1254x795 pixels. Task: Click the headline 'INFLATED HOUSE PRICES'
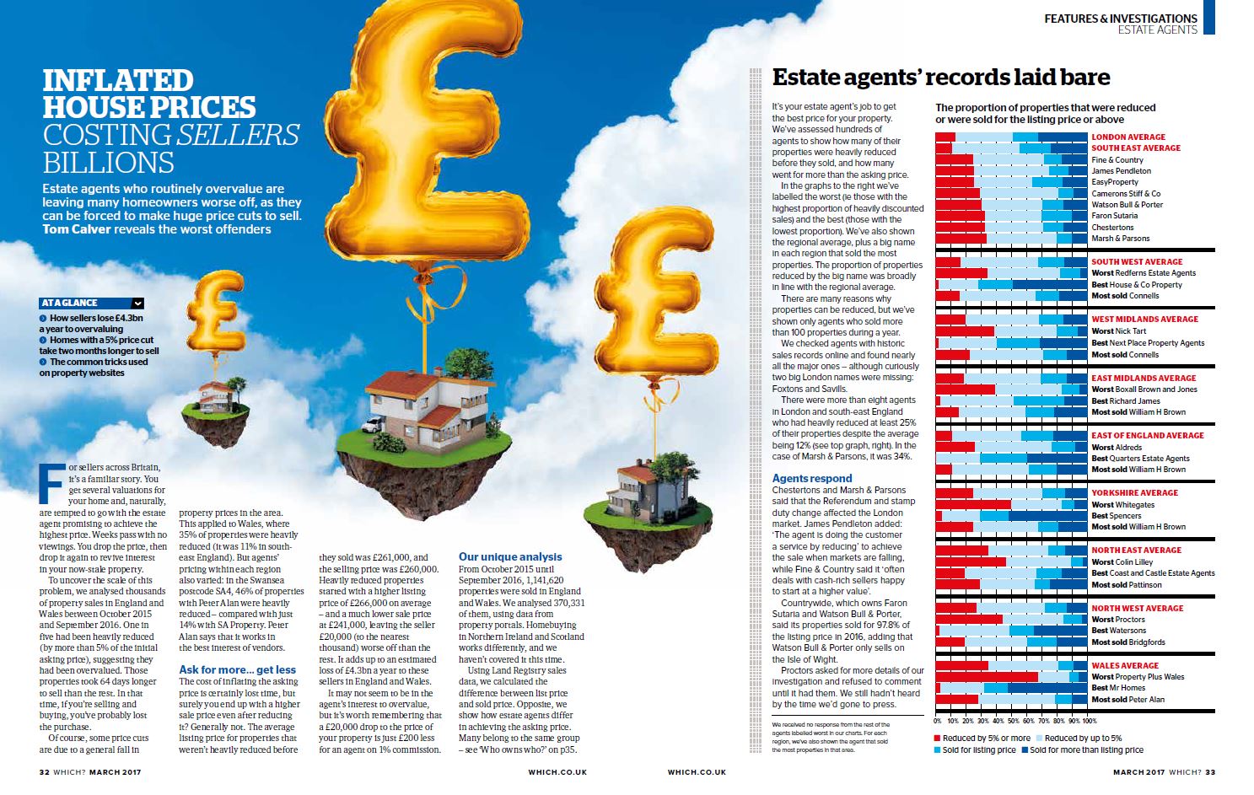[149, 94]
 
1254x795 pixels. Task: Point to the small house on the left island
[216, 395]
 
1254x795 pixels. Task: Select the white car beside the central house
[372, 425]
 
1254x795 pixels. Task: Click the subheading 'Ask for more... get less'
[237, 670]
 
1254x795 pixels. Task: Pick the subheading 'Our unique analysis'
[510, 556]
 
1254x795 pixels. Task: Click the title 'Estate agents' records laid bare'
[941, 78]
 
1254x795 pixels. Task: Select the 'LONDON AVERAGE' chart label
[1128, 137]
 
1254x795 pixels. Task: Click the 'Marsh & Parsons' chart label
[1120, 239]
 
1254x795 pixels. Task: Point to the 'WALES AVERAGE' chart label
[1125, 665]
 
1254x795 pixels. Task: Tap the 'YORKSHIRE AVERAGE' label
[1134, 492]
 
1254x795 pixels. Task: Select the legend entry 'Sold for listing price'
[977, 749]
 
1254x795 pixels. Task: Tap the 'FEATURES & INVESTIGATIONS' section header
[1120, 18]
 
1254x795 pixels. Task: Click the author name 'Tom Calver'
[76, 229]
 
